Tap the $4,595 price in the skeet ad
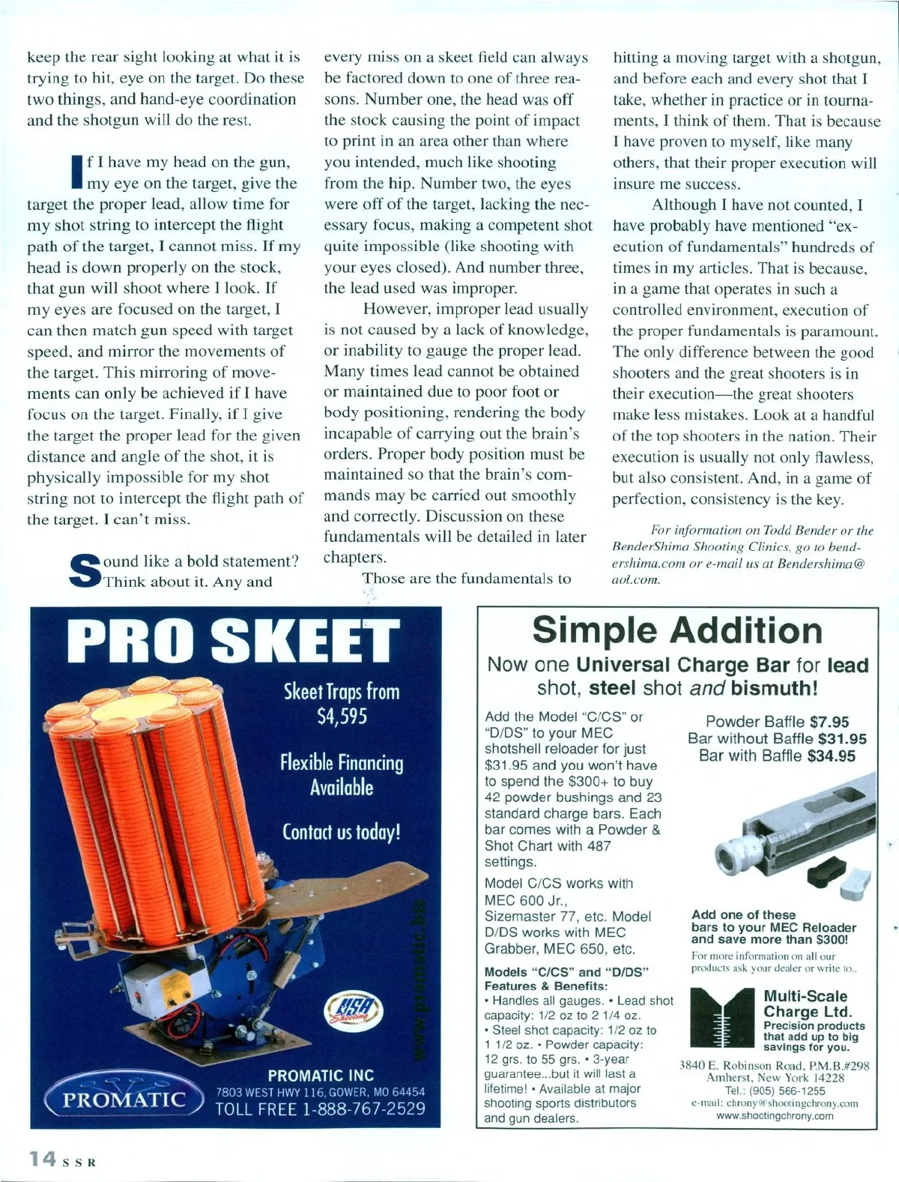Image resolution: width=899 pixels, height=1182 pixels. (342, 715)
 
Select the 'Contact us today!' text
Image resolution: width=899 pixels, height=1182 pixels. (342, 832)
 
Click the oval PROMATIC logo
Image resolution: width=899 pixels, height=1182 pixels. (124, 1100)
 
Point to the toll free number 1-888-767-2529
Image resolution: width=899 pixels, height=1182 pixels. (321, 1109)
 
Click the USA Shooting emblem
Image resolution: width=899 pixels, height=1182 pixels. (357, 1013)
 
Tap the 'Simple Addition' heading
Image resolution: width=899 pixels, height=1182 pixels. (677, 630)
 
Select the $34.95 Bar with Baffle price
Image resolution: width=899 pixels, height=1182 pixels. (832, 756)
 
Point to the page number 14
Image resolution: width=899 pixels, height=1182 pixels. (42, 1159)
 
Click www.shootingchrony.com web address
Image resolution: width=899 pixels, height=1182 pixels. (775, 1115)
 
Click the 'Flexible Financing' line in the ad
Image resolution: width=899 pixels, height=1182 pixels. (342, 763)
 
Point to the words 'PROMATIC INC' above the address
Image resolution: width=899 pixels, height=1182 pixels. (321, 1076)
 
